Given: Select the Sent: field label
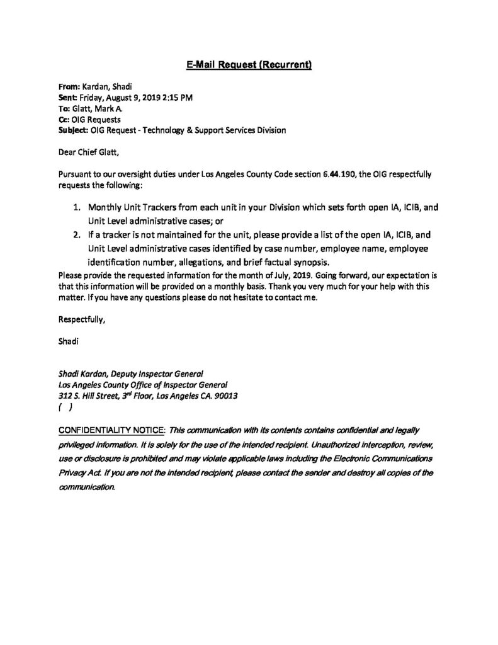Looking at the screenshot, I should (x=68, y=99).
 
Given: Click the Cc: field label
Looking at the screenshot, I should (x=64, y=120).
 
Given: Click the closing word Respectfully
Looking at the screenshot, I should (x=81, y=319).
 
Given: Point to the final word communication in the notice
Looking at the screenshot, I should (x=87, y=486).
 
